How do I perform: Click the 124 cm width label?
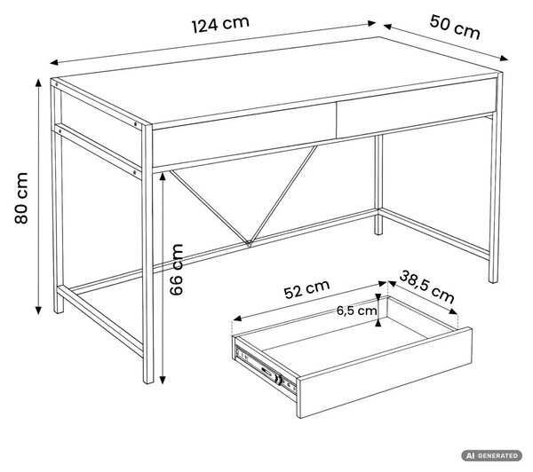(220, 25)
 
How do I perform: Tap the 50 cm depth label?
(455, 28)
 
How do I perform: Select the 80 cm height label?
(21, 198)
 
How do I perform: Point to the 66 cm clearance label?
(176, 270)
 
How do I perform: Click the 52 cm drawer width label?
(307, 289)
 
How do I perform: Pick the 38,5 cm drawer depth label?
(427, 287)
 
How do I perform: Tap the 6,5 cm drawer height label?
(357, 311)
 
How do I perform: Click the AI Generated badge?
(491, 455)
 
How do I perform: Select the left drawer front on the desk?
(244, 140)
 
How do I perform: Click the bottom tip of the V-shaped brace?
(249, 243)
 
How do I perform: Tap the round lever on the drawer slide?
(278, 379)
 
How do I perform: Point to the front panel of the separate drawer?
(385, 373)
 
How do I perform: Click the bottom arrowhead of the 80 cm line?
(38, 310)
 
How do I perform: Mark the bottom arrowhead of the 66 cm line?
(163, 380)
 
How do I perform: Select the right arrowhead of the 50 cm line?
(504, 59)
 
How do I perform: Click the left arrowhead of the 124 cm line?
(54, 62)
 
